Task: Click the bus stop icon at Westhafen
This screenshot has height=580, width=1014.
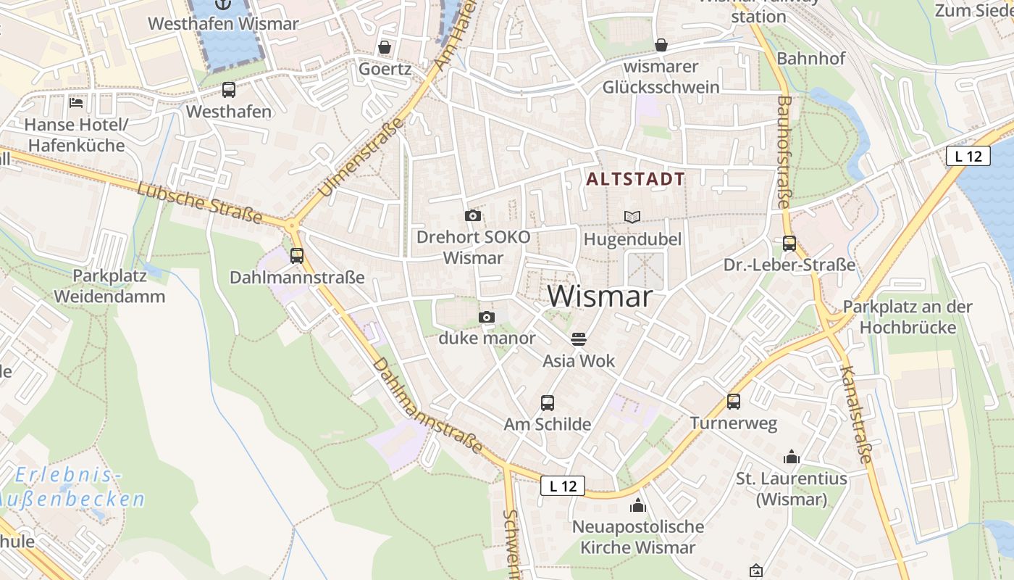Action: tap(228, 90)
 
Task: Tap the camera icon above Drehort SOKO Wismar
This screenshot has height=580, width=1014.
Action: tap(472, 215)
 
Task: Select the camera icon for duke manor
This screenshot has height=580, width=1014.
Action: tap(487, 317)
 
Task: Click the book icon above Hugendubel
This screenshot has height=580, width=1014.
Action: tap(632, 217)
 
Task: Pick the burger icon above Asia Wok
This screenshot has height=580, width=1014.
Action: tap(578, 339)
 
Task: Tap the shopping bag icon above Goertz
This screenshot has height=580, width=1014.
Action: tap(385, 47)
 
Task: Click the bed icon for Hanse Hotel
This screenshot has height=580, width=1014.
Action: tap(76, 102)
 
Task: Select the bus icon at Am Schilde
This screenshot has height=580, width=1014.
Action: tap(548, 402)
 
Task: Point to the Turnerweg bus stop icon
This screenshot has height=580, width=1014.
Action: tap(734, 401)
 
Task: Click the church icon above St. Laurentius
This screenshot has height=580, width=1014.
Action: tap(791, 457)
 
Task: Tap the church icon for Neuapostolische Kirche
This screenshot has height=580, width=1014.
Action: tap(638, 505)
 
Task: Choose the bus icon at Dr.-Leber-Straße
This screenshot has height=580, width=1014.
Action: tap(789, 244)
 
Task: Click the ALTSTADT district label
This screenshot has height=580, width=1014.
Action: tap(635, 179)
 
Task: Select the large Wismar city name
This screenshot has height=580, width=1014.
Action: tap(600, 297)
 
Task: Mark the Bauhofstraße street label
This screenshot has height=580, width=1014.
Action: tap(784, 152)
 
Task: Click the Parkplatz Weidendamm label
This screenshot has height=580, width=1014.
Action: tap(109, 286)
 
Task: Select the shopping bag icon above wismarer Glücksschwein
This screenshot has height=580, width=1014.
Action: tap(661, 45)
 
